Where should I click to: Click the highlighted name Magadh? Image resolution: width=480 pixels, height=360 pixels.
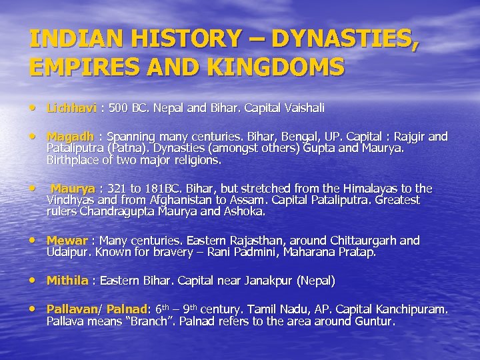pyautogui.click(x=70, y=137)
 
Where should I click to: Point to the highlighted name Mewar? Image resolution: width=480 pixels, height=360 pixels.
pyautogui.click(x=67, y=241)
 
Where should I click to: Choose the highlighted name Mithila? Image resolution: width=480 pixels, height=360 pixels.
pyautogui.click(x=67, y=281)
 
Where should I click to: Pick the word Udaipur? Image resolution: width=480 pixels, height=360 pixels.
pyautogui.click(x=69, y=252)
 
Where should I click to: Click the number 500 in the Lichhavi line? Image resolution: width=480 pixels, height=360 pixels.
pyautogui.click(x=119, y=107)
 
